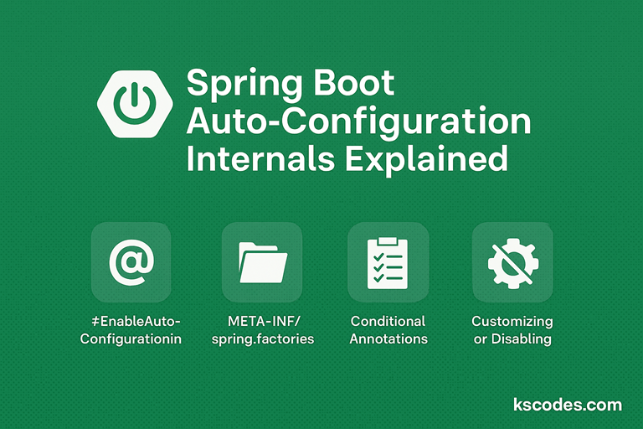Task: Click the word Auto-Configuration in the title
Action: click(358, 122)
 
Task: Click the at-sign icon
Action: click(131, 262)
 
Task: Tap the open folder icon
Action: click(262, 262)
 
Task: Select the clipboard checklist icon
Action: click(388, 262)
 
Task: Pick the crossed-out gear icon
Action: click(512, 262)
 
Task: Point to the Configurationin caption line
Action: click(131, 339)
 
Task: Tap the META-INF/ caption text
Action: click(262, 322)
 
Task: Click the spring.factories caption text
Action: click(262, 339)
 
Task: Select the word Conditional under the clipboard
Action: click(388, 322)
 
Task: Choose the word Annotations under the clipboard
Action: click(388, 339)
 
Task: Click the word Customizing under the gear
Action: click(512, 322)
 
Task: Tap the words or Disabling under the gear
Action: click(512, 339)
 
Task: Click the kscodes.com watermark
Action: click(567, 406)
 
